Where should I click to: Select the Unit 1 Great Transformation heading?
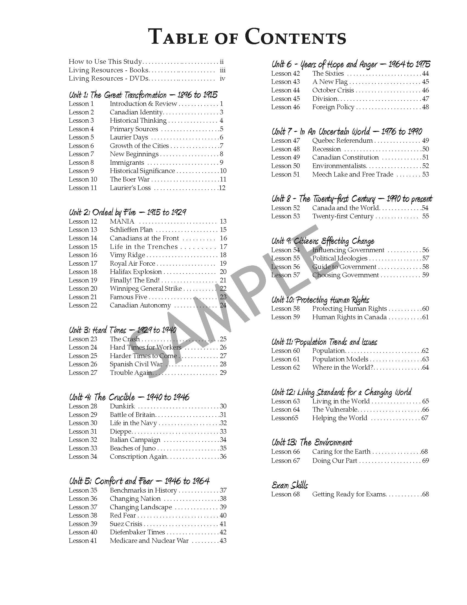click(143, 95)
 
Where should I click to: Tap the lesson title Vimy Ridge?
click(127, 255)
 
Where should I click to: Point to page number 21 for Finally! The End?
click(223, 280)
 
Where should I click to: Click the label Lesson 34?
click(83, 457)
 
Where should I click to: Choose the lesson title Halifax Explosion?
click(135, 272)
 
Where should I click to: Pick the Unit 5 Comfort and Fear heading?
click(139, 481)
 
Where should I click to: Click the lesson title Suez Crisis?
click(126, 524)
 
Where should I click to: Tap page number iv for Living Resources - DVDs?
click(222, 78)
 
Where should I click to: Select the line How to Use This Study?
click(105, 62)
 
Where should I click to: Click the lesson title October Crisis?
click(333, 90)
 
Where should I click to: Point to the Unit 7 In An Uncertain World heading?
click(347, 131)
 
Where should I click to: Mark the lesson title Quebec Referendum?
click(343, 141)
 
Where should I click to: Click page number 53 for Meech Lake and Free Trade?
click(425, 174)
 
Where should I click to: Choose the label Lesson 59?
click(285, 317)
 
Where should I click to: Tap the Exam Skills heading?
click(290, 485)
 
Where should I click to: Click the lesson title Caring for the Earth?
click(341, 452)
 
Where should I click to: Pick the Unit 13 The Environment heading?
click(312, 442)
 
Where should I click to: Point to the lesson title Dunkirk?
click(122, 406)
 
